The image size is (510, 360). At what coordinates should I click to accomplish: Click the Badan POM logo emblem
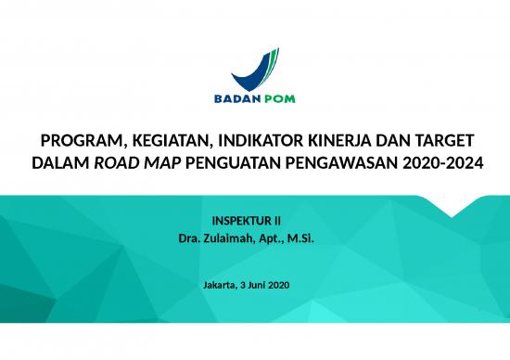click(x=254, y=67)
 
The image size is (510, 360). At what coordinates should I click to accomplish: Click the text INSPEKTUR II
click(x=247, y=224)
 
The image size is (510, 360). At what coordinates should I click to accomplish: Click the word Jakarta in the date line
click(x=220, y=283)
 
